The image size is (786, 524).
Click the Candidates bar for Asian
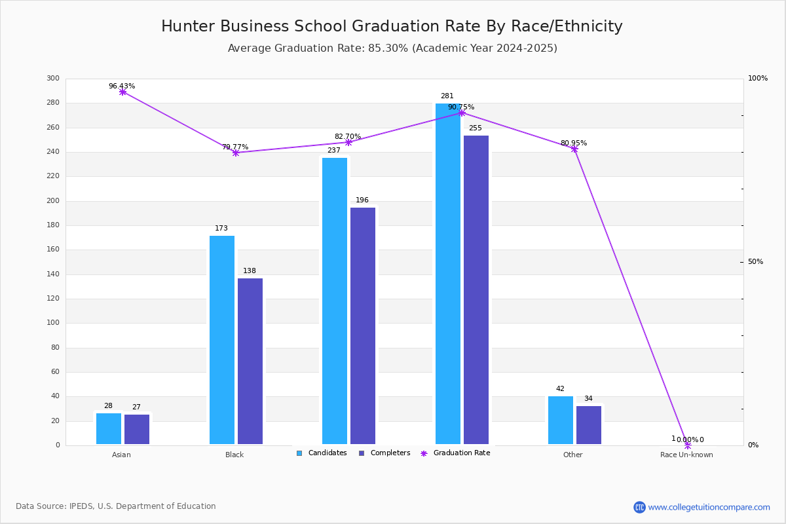pos(109,428)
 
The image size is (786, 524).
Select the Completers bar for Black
pos(250,361)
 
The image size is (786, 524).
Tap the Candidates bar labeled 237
pos(335,301)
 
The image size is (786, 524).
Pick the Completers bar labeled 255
pos(476,290)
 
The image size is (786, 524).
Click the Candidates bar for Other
pos(561,420)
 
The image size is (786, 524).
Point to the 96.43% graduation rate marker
pos(122,92)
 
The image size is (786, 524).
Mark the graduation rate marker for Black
pos(236,153)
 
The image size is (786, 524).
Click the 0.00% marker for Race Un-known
pos(688,445)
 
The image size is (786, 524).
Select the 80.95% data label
pos(574,143)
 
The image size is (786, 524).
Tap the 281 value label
pos(447,96)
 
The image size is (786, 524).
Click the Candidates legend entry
pos(322,453)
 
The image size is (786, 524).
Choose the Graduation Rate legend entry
pos(455,453)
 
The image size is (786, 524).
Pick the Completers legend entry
pos(384,453)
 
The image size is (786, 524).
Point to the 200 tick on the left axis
pos(53,200)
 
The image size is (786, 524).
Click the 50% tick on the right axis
pos(755,261)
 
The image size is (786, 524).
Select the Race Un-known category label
pos(686,455)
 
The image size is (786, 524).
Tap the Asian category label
pos(121,455)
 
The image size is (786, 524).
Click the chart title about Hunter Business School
pos(392,26)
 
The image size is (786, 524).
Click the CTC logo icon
pos(639,507)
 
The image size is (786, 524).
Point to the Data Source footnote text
pos(116,506)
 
